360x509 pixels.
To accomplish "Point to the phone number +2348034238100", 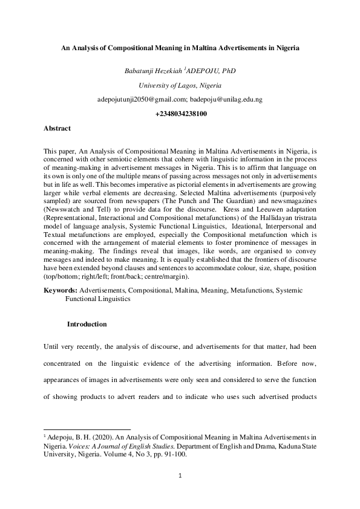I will point(181,114).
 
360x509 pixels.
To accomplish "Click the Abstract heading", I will point(57,128).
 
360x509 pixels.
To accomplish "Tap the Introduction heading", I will point(87,324).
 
